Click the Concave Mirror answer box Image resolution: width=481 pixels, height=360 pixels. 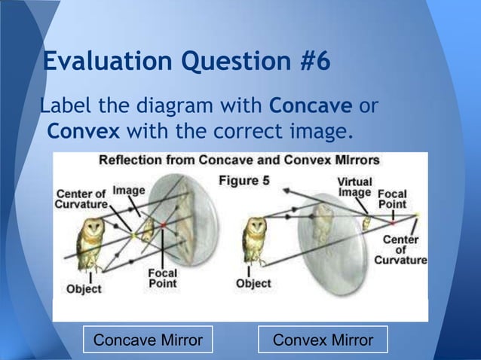(147, 340)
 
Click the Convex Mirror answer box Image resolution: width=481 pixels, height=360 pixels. (323, 340)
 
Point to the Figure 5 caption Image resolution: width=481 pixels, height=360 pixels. (244, 180)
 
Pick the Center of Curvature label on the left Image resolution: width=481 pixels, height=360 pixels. (81, 197)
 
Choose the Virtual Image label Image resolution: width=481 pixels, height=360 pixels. (354, 188)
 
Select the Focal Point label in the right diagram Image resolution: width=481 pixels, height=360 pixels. (392, 199)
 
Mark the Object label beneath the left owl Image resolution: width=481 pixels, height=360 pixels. (84, 289)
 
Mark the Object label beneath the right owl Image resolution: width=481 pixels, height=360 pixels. (253, 284)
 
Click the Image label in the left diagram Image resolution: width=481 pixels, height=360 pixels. (129, 191)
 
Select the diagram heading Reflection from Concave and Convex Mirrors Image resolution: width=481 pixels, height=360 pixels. (240, 160)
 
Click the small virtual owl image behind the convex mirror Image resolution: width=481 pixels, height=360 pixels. (366, 224)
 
